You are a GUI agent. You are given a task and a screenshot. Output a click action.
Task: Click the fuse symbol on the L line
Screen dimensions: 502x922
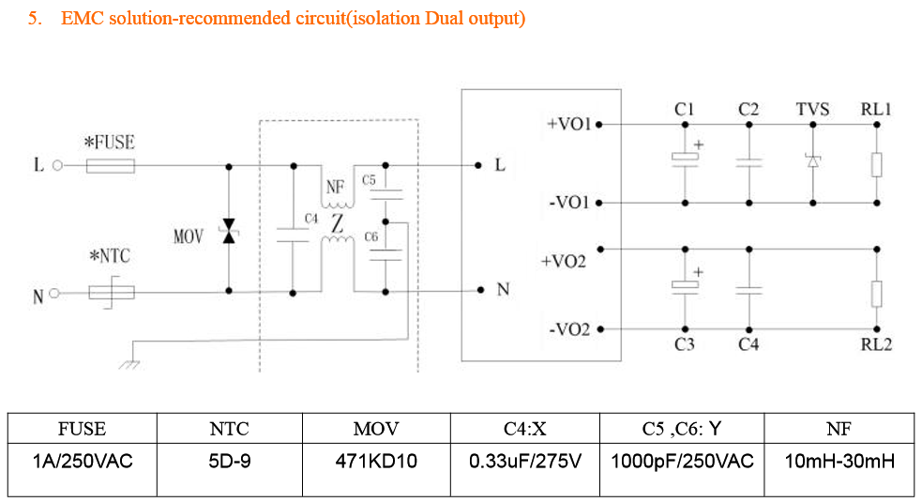coord(111,166)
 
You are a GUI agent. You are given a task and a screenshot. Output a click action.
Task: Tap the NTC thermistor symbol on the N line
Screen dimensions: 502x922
coord(112,293)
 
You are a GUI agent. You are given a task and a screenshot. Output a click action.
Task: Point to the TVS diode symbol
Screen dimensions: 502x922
coord(812,160)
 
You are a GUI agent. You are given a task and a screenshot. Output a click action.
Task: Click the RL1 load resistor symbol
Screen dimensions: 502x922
coord(876,165)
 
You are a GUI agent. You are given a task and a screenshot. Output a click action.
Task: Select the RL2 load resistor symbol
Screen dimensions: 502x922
coord(876,293)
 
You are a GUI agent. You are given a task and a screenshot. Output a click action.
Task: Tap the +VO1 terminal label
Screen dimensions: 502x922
coord(567,123)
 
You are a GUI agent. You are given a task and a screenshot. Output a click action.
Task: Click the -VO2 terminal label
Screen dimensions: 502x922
coord(568,329)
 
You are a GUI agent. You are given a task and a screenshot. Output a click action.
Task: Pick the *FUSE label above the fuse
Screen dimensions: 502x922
coord(109,143)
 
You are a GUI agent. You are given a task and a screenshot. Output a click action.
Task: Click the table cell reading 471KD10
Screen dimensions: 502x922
coord(375,462)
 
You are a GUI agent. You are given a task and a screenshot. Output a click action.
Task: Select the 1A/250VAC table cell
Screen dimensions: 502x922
coord(82,462)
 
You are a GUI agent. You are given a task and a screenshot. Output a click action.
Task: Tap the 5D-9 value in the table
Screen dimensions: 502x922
coord(229,462)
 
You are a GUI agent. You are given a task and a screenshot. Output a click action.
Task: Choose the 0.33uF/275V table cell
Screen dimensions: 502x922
coord(524,462)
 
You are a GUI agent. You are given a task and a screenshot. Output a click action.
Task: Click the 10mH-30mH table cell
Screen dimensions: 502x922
coord(839,462)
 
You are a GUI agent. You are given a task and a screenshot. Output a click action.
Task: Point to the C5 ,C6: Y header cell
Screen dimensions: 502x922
coord(682,429)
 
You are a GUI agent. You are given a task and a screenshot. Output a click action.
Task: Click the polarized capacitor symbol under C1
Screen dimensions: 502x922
coord(685,160)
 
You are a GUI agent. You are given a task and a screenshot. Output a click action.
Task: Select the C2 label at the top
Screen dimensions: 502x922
coord(748,109)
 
